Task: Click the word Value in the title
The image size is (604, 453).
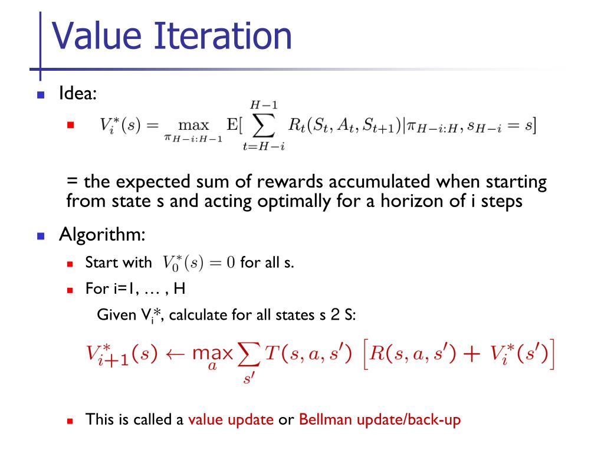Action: (97, 35)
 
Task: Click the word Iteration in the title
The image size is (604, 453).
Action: (222, 35)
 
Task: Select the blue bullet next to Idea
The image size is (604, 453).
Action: (41, 95)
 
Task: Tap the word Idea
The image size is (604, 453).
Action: (77, 93)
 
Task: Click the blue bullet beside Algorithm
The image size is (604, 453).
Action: (41, 236)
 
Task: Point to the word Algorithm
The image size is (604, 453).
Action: (102, 235)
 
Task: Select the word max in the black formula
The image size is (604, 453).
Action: (193, 125)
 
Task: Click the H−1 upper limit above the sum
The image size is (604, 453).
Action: (264, 105)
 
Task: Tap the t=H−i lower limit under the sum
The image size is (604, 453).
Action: (264, 146)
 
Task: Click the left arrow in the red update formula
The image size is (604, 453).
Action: (175, 354)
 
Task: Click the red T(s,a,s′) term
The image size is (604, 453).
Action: (308, 353)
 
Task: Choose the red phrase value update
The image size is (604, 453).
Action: (231, 419)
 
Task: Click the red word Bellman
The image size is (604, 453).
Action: (326, 419)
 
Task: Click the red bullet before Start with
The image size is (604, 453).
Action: (70, 264)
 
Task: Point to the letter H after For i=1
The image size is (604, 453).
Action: (179, 288)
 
